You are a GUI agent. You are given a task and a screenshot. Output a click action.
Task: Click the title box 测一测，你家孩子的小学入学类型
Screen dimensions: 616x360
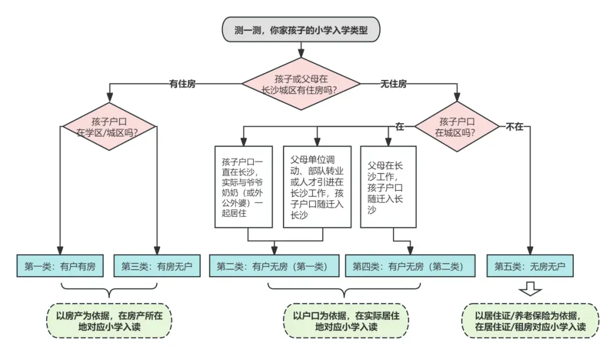(x=301, y=30)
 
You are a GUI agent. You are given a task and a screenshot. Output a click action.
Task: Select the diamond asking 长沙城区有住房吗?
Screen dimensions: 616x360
(x=301, y=84)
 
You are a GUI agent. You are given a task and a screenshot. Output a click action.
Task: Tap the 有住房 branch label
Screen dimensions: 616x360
(x=183, y=84)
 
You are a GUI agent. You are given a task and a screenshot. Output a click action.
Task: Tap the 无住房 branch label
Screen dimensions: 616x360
(x=393, y=84)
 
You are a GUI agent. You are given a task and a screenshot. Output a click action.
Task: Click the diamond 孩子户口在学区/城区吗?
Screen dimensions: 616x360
(x=109, y=127)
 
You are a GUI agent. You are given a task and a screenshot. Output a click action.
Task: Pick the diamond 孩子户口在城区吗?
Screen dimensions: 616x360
(x=457, y=127)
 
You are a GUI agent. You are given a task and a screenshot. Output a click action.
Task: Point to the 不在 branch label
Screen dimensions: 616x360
(x=514, y=127)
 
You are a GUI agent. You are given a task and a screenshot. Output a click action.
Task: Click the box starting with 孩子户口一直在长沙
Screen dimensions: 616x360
(x=244, y=187)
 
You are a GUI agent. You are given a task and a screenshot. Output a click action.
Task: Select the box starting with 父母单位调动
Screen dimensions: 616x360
(x=317, y=187)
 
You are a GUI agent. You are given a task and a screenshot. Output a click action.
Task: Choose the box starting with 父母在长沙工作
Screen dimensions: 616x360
(x=388, y=187)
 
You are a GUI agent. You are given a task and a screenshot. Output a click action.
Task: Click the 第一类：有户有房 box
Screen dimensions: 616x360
(x=60, y=266)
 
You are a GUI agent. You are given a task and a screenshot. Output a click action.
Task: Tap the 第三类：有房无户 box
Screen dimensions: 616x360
(x=157, y=266)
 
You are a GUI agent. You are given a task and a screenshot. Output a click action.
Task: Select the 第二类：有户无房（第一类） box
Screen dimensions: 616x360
(x=274, y=266)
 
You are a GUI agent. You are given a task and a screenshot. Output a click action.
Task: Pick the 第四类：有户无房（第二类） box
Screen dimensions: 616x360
(x=410, y=266)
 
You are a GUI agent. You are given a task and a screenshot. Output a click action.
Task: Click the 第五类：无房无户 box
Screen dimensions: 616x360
(x=530, y=266)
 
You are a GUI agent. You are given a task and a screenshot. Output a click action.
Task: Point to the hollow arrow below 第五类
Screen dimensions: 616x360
(x=530, y=289)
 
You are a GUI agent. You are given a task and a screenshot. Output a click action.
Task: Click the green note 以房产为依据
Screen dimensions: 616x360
(x=109, y=321)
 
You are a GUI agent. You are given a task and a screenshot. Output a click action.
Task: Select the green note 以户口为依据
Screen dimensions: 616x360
(x=346, y=321)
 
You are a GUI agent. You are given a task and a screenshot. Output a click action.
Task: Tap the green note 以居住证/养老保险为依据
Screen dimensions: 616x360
(x=530, y=321)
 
